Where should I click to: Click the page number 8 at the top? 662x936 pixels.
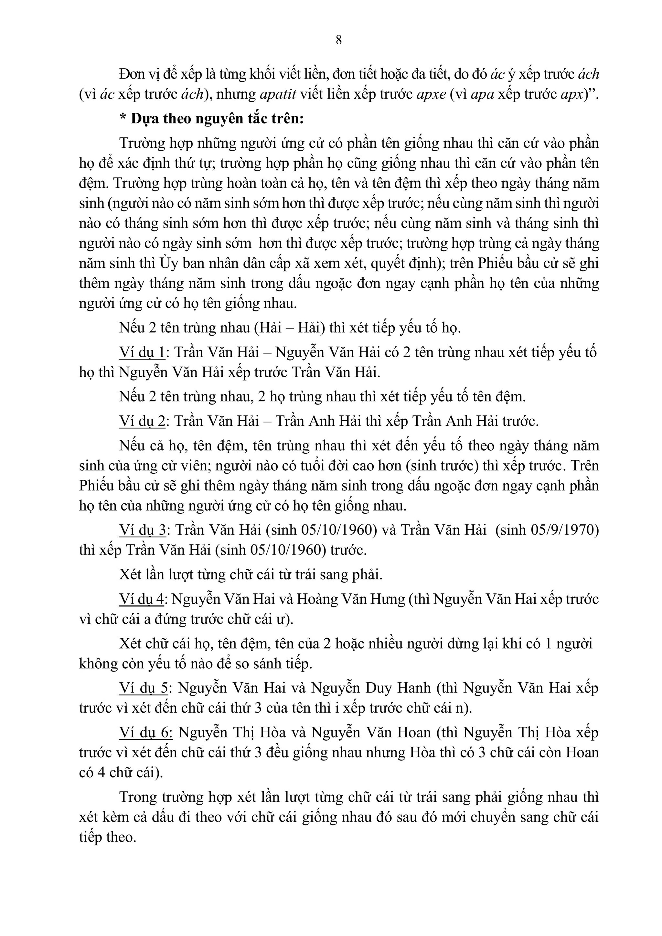pos(338,40)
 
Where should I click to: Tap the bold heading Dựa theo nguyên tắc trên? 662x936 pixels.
pos(217,119)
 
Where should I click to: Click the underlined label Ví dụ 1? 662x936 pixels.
pos(142,352)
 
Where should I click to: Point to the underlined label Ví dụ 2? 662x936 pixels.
pos(142,421)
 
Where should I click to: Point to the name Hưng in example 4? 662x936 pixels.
pos(387,599)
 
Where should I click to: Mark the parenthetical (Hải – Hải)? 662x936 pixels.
pos(290,328)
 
